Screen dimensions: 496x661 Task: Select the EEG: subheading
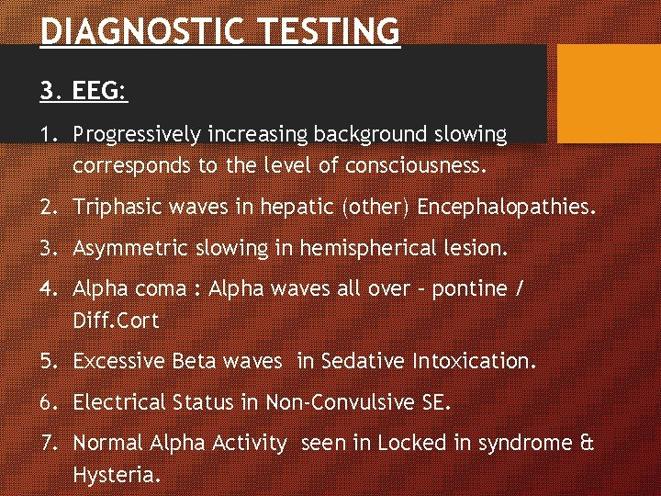tap(84, 91)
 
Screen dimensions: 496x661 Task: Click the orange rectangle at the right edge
tap(610, 93)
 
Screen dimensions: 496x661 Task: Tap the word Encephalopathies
tap(505, 208)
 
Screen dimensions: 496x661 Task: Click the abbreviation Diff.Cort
tap(116, 321)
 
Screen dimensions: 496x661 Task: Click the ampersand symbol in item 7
tap(588, 443)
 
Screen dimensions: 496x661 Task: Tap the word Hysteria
tap(117, 476)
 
